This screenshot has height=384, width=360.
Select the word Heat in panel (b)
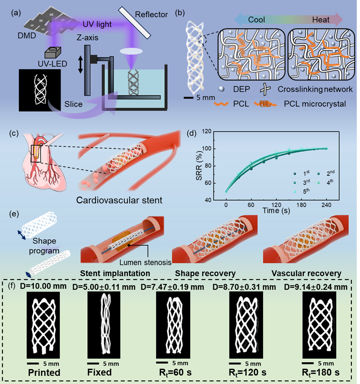tap(321, 20)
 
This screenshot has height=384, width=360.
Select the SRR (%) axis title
tap(208, 165)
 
